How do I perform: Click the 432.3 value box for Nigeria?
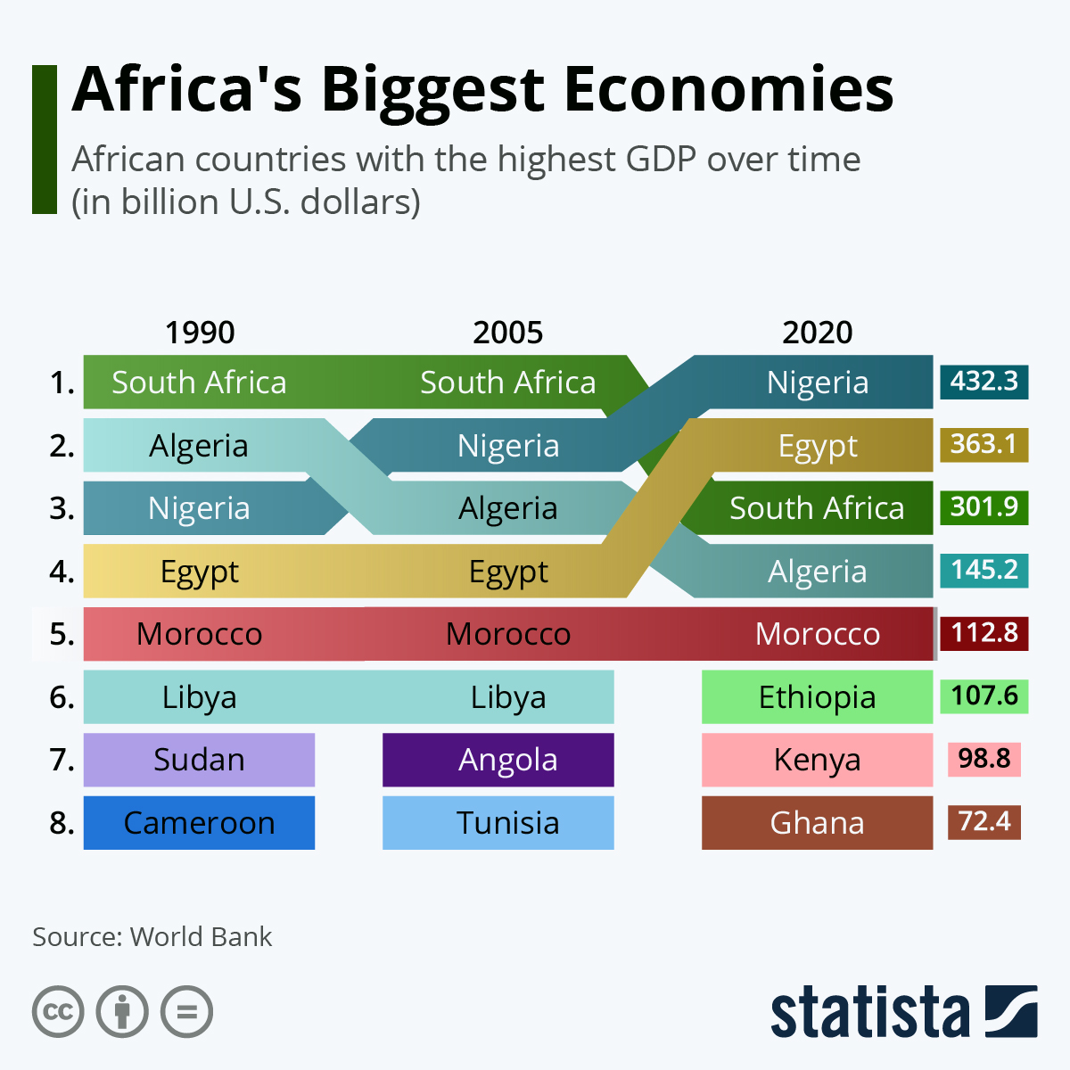point(984,382)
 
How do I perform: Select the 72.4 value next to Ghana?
point(984,821)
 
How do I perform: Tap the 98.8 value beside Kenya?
point(984,759)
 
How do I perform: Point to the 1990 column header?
point(200,333)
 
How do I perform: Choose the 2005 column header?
point(507,333)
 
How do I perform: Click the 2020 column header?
point(817,333)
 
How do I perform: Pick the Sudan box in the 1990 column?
point(199,760)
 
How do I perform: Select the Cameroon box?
point(199,822)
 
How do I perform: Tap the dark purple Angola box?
point(498,760)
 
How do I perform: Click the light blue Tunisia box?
point(498,822)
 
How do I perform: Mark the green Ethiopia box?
point(817,696)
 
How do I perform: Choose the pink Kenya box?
point(817,760)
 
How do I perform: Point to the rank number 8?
point(62,822)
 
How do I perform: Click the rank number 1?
point(62,383)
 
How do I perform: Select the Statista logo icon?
point(1011,1011)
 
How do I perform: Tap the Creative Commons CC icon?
point(58,1012)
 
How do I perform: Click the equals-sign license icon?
point(187,1012)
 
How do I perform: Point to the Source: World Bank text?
point(152,937)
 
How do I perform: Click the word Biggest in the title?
point(432,91)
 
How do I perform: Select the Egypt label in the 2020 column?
point(817,446)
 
